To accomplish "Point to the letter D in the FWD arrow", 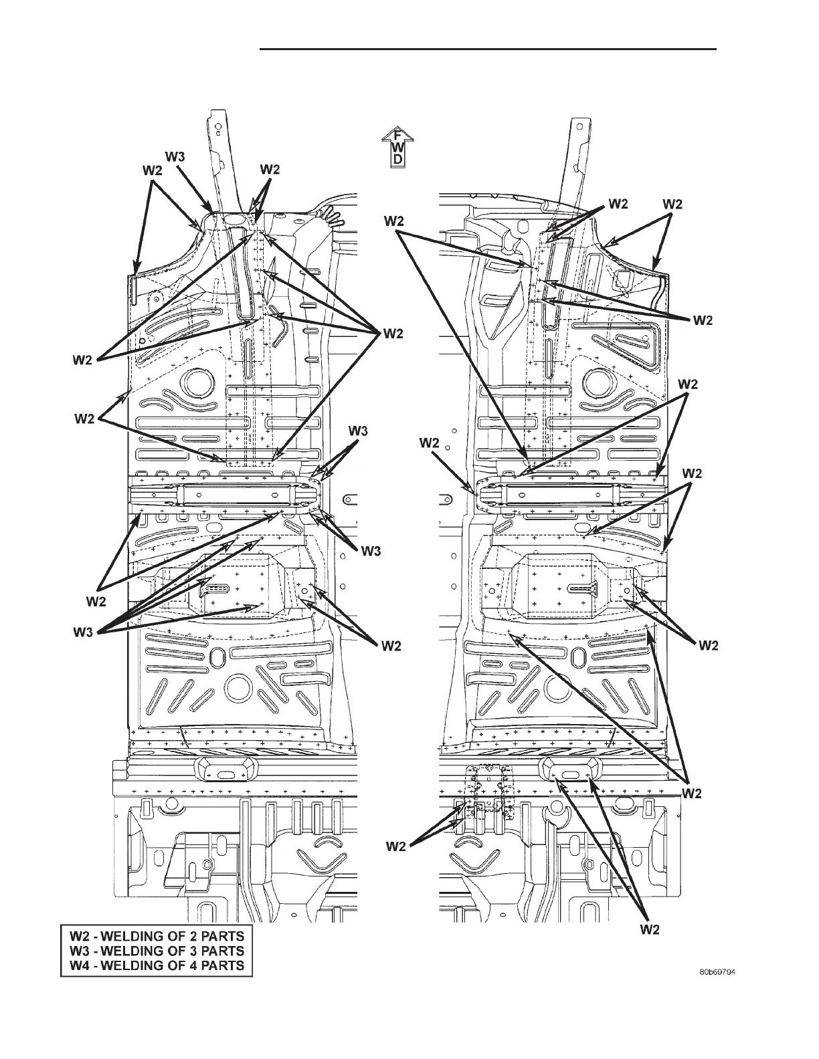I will (x=397, y=160).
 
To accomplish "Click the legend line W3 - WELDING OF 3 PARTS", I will (x=153, y=949).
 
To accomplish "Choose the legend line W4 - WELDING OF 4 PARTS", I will (x=153, y=965).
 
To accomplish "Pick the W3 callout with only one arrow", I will (x=175, y=157).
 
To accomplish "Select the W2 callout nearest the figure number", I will (x=650, y=929).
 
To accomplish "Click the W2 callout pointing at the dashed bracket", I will (x=395, y=846).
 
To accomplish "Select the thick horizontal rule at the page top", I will (x=488, y=49).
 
